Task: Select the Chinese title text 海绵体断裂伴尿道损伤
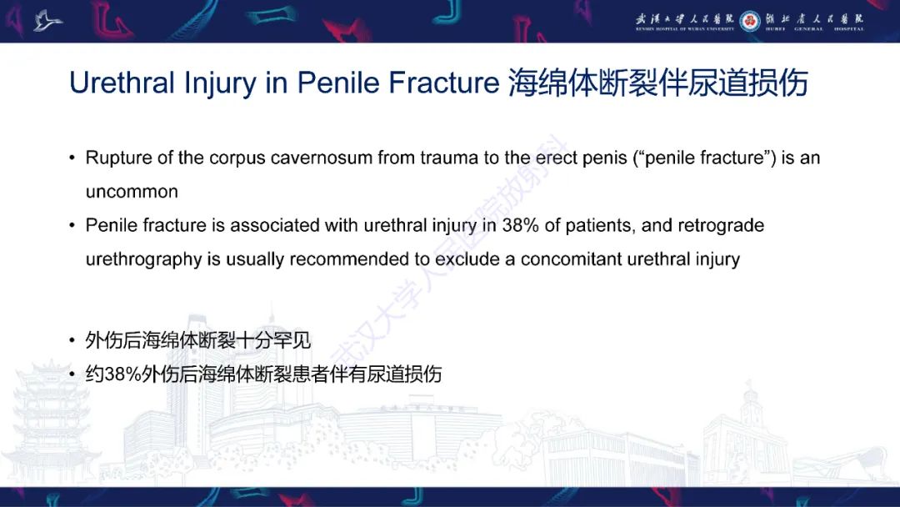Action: (657, 83)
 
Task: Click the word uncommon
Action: (132, 192)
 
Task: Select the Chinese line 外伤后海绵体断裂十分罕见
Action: (198, 340)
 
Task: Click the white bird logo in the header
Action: (48, 20)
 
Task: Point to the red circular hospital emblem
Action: (751, 20)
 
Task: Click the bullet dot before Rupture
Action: (72, 158)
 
